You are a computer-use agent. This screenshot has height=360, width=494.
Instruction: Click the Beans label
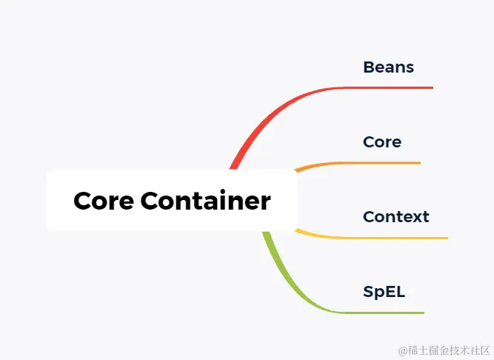click(x=388, y=67)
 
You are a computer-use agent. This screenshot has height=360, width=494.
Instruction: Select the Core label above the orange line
click(x=382, y=141)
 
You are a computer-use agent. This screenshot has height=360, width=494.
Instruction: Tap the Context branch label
click(x=395, y=217)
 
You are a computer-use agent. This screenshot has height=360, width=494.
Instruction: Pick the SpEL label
click(x=384, y=292)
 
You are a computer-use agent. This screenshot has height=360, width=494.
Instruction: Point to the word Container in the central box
click(x=205, y=201)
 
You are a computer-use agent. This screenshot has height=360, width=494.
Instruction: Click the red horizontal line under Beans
click(x=393, y=87)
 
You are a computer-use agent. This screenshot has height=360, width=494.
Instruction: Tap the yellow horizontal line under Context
click(x=393, y=238)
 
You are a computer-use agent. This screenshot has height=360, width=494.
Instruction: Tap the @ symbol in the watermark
click(x=403, y=350)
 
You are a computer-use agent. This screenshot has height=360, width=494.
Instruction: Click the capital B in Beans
click(x=369, y=67)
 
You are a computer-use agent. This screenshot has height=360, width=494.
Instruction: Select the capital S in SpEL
click(x=368, y=292)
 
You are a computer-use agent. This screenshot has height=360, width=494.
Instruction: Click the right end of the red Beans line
click(x=432, y=87)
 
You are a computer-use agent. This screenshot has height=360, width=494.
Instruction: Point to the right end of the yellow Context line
click(x=447, y=238)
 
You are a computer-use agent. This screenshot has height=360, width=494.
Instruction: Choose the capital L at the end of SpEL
click(x=401, y=292)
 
